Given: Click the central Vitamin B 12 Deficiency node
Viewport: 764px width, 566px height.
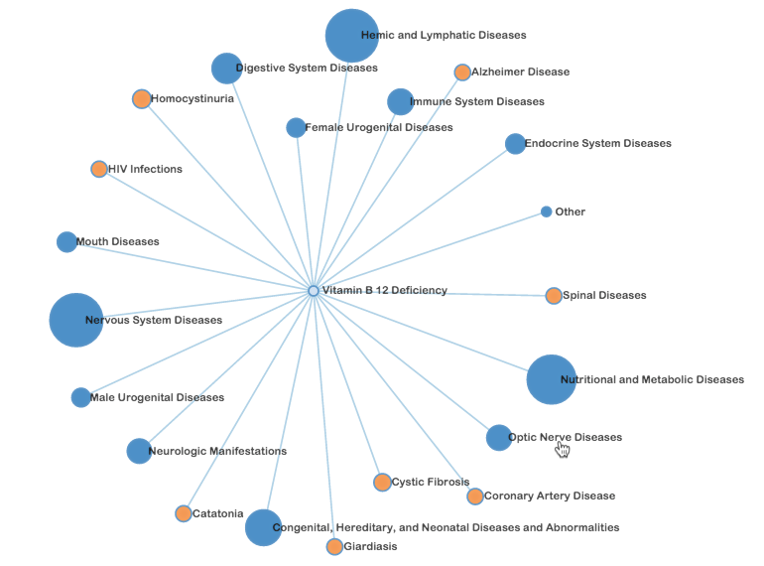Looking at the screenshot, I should [x=314, y=291].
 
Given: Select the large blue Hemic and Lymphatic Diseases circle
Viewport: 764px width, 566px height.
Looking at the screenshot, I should [x=352, y=36].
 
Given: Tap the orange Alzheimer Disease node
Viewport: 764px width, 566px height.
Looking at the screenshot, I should [x=462, y=72].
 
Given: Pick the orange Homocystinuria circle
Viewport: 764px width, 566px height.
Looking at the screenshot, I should [x=142, y=98].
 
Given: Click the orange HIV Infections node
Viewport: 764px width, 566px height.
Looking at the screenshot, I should [x=99, y=169].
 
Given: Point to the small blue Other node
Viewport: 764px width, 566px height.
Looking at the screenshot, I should [x=547, y=212].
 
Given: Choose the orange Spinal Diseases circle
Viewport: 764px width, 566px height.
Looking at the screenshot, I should [x=554, y=295].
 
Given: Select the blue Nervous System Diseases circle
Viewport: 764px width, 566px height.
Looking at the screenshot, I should [x=76, y=320].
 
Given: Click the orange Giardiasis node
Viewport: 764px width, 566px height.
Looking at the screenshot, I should [x=334, y=546].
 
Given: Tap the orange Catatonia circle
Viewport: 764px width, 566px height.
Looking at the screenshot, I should [x=184, y=513].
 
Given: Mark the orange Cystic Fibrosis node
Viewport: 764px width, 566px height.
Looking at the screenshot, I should [x=382, y=483].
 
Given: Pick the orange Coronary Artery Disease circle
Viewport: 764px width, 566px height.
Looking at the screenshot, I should [x=475, y=495].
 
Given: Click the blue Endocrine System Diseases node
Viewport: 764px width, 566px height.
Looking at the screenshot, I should [x=515, y=144].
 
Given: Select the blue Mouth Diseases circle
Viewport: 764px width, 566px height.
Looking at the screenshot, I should [x=66, y=241].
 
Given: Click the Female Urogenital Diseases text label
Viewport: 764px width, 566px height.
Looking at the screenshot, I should [x=378, y=128].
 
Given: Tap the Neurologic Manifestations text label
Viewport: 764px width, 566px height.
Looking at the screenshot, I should [x=217, y=452].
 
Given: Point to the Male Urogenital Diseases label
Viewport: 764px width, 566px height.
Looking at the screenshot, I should [x=157, y=398].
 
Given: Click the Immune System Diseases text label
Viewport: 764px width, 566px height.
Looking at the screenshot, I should [x=476, y=102].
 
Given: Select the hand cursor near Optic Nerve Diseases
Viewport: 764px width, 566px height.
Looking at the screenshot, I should [x=563, y=449].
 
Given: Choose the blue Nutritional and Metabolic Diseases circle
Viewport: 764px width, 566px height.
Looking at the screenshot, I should [x=551, y=379].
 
